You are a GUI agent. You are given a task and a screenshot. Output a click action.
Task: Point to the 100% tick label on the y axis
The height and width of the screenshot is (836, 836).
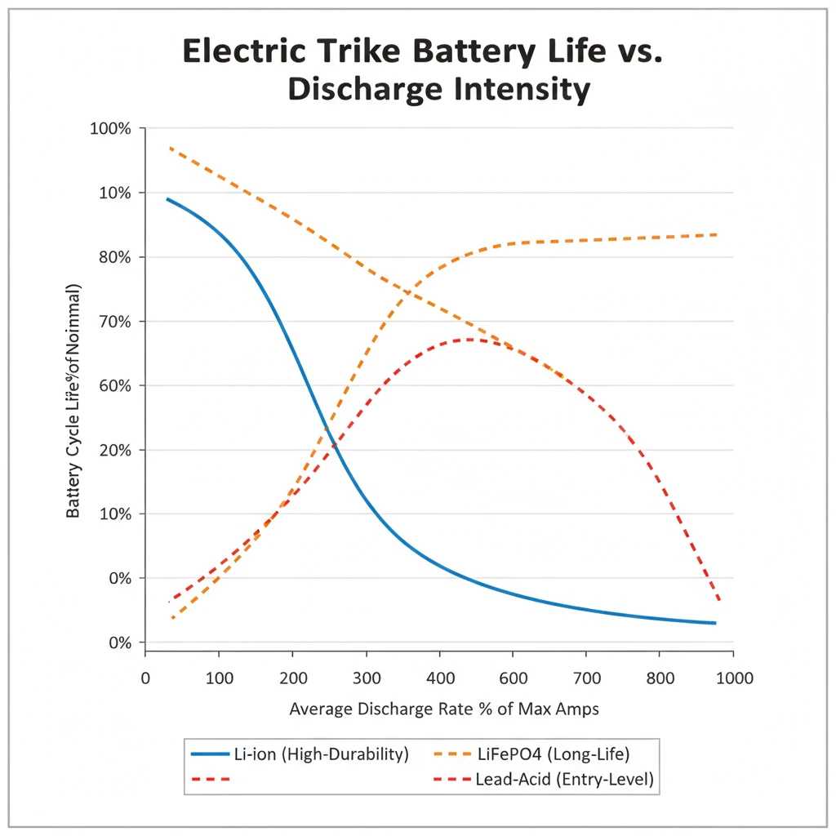110,129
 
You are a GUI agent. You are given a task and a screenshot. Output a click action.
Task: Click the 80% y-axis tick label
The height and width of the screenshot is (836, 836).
113,257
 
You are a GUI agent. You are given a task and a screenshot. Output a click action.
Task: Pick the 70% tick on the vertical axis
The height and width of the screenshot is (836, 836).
113,322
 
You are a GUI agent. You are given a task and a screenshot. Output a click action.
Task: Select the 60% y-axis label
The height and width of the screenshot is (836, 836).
113,385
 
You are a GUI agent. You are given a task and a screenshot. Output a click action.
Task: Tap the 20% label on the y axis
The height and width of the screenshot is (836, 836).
113,450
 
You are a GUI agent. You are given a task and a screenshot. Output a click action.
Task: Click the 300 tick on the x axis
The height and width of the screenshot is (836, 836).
366,677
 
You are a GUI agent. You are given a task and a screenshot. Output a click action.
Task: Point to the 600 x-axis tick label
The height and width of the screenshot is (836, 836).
513,677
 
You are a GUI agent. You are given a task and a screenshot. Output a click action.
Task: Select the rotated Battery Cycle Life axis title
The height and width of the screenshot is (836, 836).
73,402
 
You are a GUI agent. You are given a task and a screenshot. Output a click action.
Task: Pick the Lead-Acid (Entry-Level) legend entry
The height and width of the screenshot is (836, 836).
564,780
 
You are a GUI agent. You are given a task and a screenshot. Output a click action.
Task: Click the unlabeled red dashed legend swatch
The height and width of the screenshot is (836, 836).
211,780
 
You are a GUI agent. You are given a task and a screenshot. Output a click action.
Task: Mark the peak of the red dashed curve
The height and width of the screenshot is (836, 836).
469,339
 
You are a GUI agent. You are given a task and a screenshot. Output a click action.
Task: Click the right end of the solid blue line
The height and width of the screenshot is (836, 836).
715,623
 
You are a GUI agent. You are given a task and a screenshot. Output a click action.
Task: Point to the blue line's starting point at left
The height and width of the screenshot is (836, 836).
167,198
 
